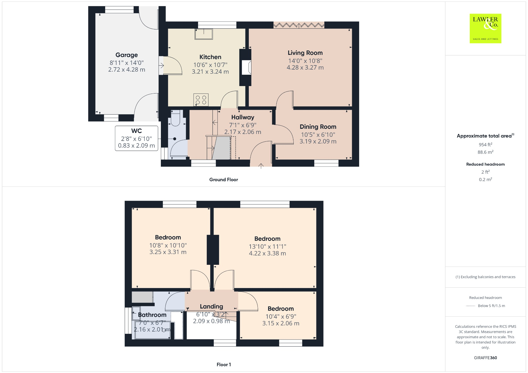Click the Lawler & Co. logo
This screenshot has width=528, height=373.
485,28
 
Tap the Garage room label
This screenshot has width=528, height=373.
126,55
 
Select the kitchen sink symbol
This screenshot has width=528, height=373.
204,34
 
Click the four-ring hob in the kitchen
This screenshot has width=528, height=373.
201,100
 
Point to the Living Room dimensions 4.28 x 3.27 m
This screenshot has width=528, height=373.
305,67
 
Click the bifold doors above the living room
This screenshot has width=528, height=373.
299,25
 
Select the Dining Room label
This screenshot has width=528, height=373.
318,127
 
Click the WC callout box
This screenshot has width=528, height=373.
136,138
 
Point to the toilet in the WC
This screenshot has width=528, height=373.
175,118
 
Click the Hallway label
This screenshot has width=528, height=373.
243,117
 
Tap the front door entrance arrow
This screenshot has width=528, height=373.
261,165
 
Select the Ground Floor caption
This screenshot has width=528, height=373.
224,180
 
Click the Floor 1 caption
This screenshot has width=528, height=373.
224,364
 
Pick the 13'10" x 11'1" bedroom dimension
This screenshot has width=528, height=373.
267,247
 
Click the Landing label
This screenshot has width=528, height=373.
211,307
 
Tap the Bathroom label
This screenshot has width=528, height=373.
152,315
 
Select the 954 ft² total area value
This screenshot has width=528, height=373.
485,145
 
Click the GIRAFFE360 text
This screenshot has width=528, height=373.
485,358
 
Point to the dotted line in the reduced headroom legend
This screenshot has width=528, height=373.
471,306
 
